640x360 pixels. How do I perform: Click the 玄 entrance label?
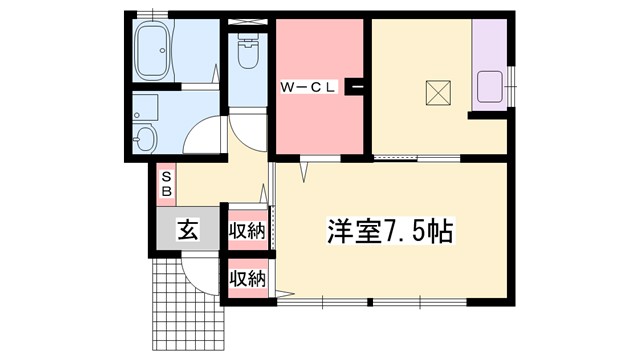187,229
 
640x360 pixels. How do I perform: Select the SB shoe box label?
167,182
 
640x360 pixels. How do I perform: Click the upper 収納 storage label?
246,232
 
